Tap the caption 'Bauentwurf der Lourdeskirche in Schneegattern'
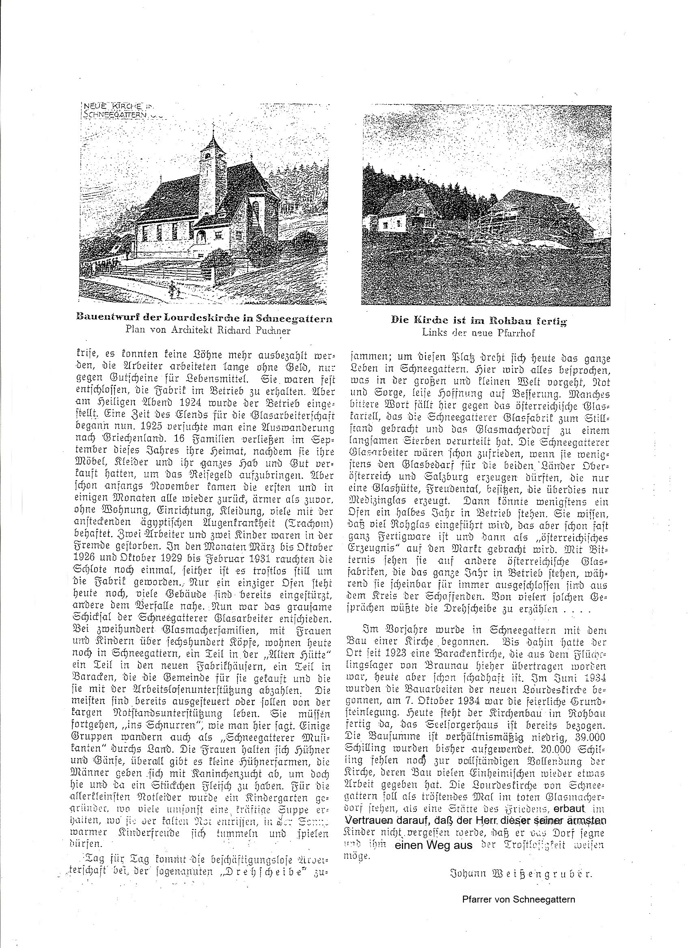(205, 319)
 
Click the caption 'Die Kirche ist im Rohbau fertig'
(479, 321)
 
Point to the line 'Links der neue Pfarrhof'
(479, 333)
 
